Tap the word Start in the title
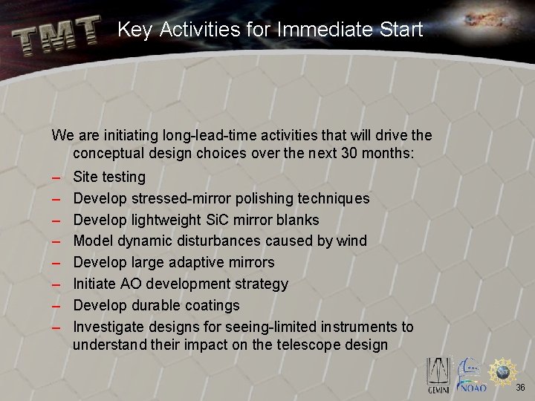401,30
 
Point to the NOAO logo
472,376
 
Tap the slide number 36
520,388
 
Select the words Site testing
109,177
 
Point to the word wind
351,241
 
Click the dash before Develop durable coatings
56,306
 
